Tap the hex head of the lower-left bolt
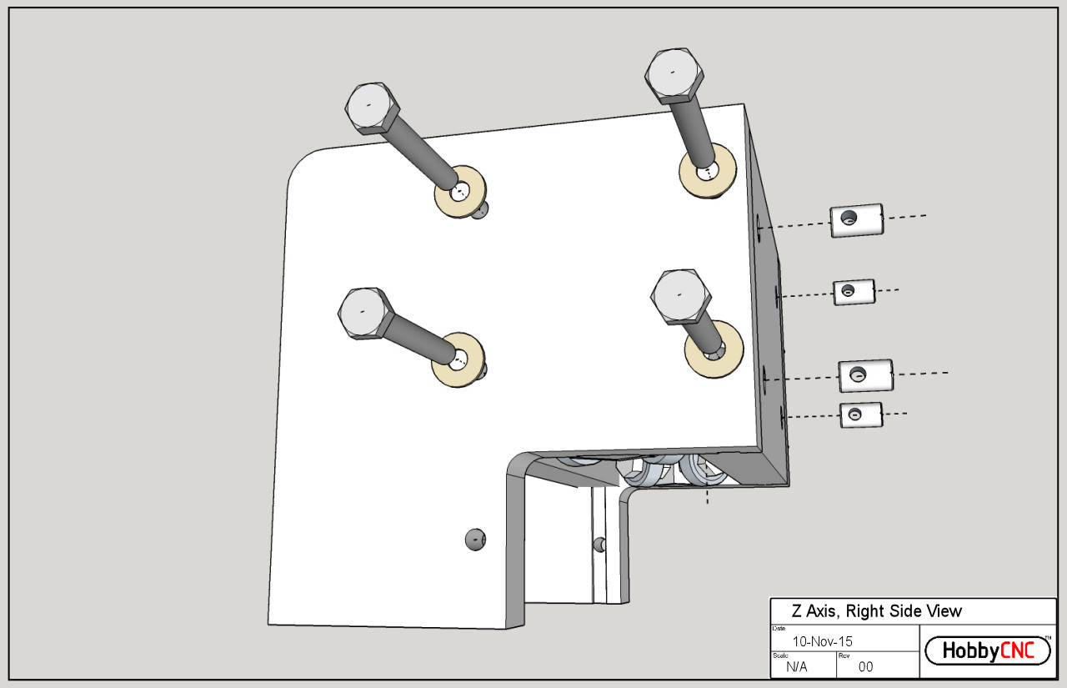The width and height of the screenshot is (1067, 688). point(364,314)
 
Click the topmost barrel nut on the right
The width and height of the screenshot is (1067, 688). point(856,220)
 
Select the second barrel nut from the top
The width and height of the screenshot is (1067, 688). point(854,292)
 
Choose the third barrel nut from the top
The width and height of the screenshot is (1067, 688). point(865,376)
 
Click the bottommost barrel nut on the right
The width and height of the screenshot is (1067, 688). point(860,414)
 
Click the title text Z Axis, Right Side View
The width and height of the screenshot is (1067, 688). point(876,611)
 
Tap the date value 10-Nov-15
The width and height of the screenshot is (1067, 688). point(822,641)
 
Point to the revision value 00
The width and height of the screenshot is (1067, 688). point(865,666)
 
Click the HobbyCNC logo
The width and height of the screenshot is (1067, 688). point(988,650)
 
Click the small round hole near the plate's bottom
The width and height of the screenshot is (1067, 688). point(474,539)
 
